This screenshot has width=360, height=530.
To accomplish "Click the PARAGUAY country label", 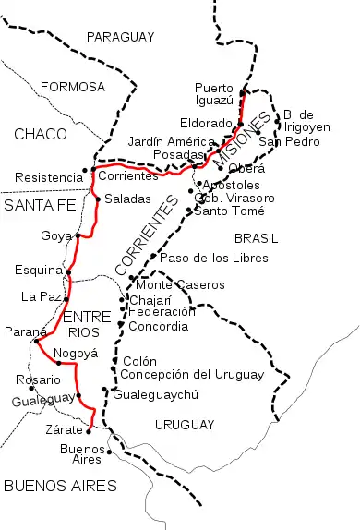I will coord(119,37).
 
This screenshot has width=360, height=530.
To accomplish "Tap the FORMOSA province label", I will coord(73,87).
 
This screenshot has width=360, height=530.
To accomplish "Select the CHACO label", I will coord(41,135).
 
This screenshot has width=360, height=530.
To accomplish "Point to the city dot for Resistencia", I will coord(85,170).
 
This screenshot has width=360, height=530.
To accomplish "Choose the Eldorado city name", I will coord(208,122).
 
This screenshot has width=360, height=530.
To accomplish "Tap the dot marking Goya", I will coord(78,235).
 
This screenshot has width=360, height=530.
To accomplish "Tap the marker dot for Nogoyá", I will coord(58,363).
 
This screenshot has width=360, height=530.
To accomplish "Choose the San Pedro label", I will coord(282,141).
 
